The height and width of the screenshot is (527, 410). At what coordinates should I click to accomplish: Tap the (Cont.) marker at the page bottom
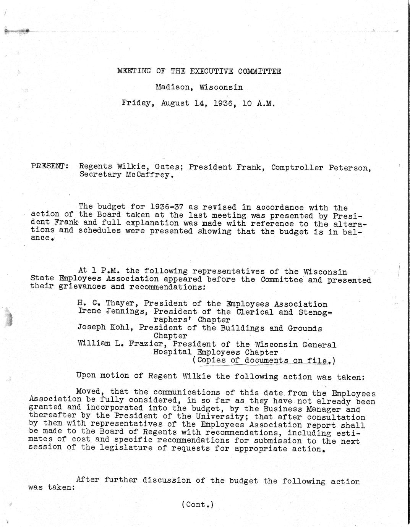click(x=198, y=504)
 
